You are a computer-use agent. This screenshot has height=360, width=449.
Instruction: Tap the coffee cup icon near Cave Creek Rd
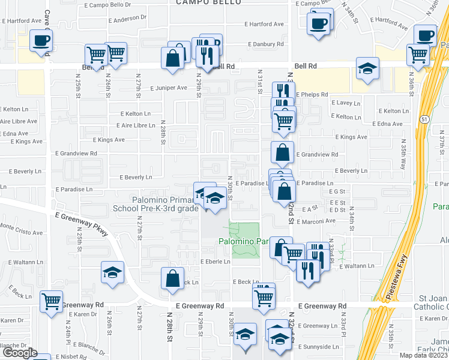tap(41, 42)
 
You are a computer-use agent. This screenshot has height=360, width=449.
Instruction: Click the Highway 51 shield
tap(424, 119)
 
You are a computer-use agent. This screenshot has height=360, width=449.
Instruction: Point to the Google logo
tap(20, 353)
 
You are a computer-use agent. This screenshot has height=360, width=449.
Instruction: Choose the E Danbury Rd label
tap(264, 44)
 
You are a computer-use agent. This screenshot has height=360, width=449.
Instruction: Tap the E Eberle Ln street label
tap(215, 262)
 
